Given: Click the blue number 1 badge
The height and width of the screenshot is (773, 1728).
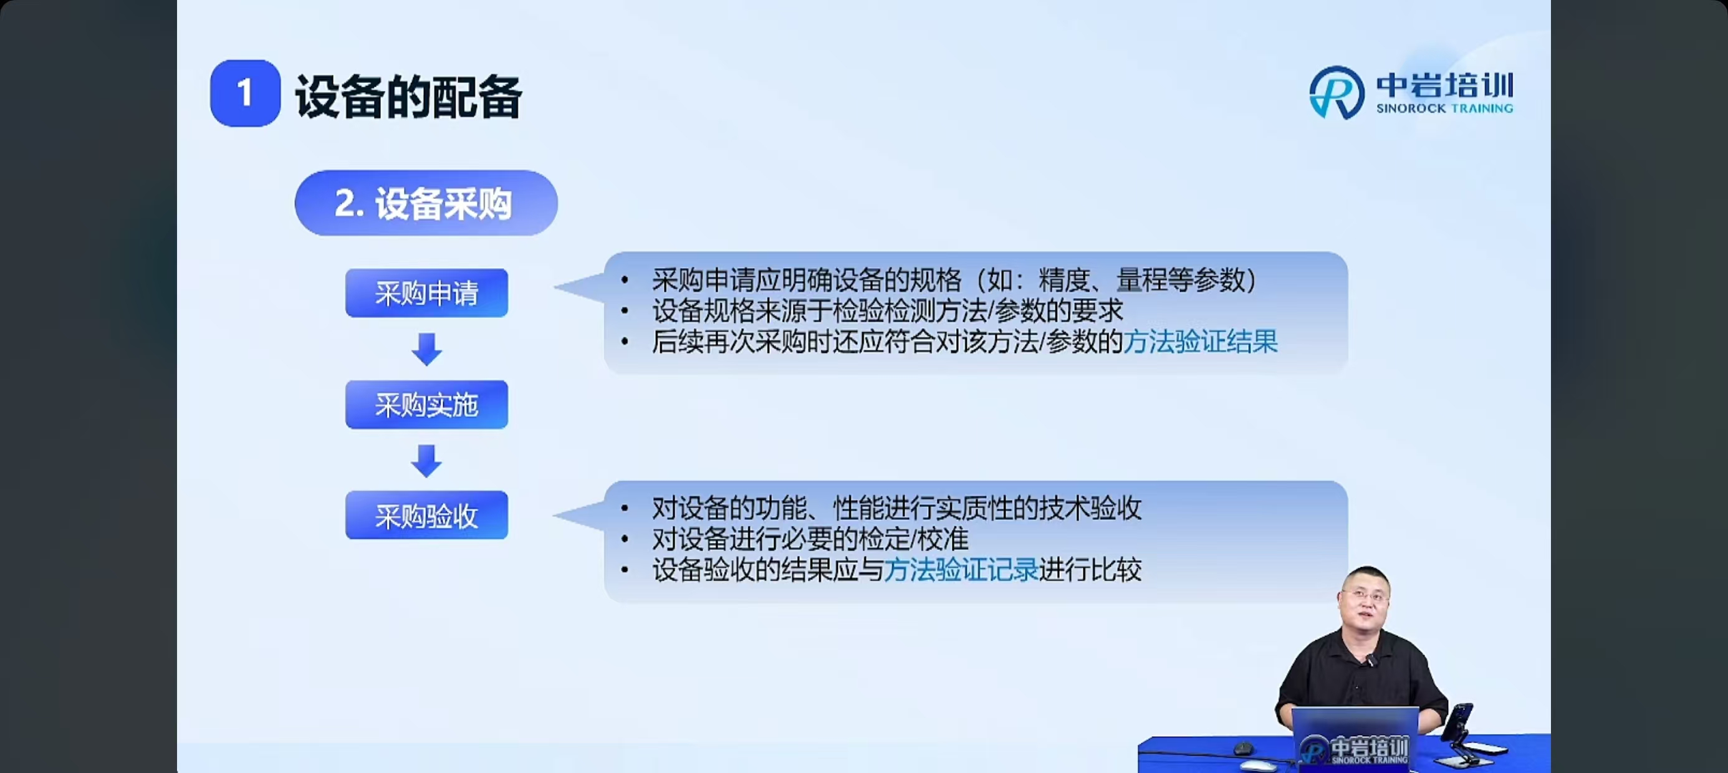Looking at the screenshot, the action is (245, 93).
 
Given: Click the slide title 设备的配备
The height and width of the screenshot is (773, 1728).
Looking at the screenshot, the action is (408, 96).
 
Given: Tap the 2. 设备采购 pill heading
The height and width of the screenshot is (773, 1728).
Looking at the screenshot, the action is (426, 203).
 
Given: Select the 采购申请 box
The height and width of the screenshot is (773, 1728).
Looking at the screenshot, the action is (426, 293).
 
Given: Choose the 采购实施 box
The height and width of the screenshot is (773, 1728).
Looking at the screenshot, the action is (426, 405).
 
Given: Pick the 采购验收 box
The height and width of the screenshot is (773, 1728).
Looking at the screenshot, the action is (426, 516).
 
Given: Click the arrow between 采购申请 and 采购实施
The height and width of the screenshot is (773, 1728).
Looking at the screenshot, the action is (426, 349).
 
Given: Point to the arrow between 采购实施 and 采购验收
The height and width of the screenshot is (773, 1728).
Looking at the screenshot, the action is (426, 460).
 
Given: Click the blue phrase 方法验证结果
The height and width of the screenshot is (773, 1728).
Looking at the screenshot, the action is (1200, 342).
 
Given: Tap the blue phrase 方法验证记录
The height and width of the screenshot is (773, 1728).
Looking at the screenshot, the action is (961, 570).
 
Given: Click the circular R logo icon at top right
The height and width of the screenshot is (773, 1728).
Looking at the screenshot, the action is (1337, 93).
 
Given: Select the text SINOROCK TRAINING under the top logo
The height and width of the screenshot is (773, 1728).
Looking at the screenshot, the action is (1444, 108).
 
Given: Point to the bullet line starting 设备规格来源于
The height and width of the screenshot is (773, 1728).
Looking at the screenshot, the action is (888, 310).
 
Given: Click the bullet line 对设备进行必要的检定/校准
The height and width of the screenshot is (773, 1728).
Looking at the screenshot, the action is (810, 539).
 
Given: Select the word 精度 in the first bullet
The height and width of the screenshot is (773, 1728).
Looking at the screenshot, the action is (1064, 280).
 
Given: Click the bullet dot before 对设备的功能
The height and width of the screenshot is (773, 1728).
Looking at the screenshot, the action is (625, 509).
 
